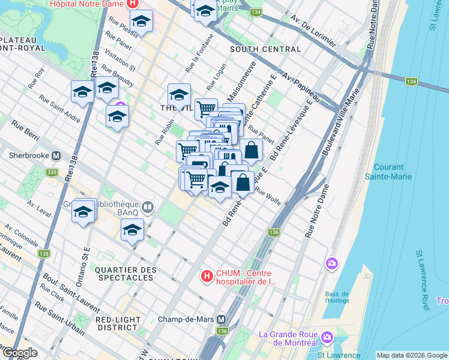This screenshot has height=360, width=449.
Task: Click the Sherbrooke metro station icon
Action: pyautogui.click(x=56, y=155)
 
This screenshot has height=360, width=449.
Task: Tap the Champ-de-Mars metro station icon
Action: pyautogui.click(x=221, y=320)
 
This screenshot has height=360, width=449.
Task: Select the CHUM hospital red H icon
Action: pyautogui.click(x=206, y=277)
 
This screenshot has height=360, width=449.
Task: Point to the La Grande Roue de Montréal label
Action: pyautogui.click(x=286, y=338)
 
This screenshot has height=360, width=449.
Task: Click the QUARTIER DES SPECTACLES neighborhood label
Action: pyautogui.click(x=124, y=274)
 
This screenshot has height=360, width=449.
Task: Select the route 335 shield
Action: pyautogui.click(x=52, y=173)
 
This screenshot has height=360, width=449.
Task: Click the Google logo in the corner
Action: pyautogui.click(x=19, y=353)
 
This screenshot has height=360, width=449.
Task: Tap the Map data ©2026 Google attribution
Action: pyautogui.click(x=412, y=355)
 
